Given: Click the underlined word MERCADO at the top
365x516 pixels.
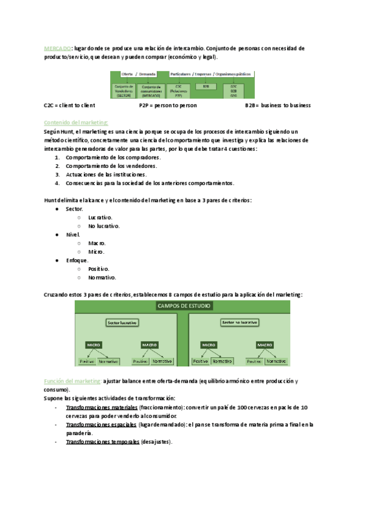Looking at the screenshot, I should [58, 47].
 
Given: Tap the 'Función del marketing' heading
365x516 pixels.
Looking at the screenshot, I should [73, 381].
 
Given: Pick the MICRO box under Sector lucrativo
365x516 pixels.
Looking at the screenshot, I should [94, 344].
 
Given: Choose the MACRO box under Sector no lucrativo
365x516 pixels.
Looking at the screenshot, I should [264, 344].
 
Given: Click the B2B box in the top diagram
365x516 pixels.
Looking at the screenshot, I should [206, 86].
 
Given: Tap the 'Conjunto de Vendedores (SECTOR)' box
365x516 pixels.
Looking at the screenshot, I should [123, 91].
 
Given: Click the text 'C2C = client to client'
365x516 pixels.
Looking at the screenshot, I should [69, 105].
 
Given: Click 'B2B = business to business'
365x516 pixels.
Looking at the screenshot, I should [277, 105].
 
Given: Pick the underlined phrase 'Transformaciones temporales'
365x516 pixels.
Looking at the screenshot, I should [102, 442].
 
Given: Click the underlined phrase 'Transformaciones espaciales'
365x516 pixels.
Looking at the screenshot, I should [102, 424].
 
